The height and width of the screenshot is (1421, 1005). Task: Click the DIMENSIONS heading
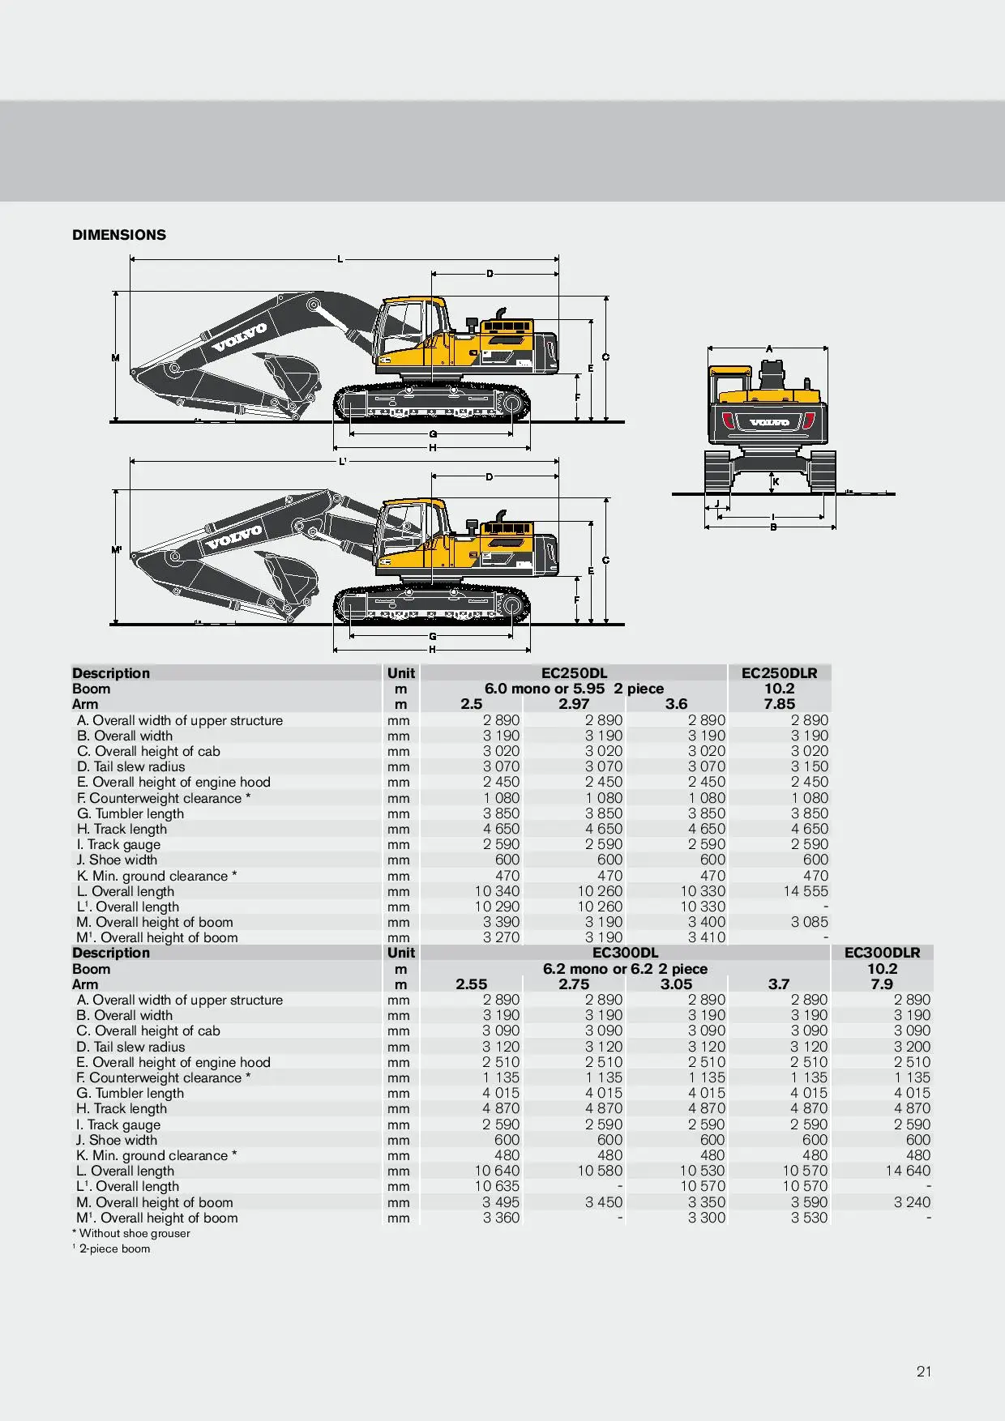[x=119, y=235]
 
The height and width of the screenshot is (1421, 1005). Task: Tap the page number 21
[x=924, y=1372]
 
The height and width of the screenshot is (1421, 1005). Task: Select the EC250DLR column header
[x=779, y=673]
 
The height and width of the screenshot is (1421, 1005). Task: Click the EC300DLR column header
[x=882, y=953]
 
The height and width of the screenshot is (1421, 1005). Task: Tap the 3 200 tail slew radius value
[x=913, y=1047]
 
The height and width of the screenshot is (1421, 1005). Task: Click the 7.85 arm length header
[x=779, y=704]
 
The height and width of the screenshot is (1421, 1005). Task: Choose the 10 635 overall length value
[x=497, y=1187]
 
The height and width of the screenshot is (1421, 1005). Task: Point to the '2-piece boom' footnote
[x=114, y=1249]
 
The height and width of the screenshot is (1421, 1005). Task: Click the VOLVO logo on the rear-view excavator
[x=769, y=422]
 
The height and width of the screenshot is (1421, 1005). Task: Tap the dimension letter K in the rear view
[x=776, y=482]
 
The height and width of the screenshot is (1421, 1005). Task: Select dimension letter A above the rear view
[x=769, y=349]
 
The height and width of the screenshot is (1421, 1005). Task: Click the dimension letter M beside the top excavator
[x=116, y=357]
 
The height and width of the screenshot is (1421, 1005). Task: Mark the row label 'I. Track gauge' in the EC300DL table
[x=118, y=1124]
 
